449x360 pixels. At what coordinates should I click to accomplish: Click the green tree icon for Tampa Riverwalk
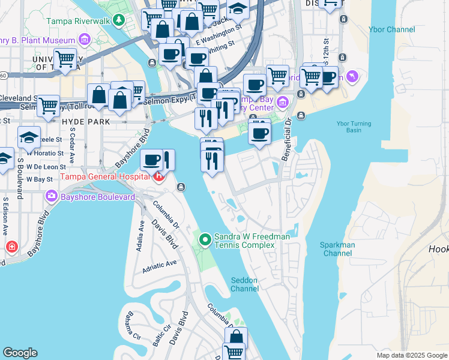[x=119, y=20]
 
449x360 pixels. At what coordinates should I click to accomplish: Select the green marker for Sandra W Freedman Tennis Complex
[x=205, y=240]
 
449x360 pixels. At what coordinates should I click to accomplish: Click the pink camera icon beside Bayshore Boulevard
[x=51, y=196]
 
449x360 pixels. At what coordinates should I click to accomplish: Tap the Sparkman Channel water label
[x=337, y=249]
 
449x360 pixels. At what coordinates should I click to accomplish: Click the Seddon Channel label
[x=244, y=284]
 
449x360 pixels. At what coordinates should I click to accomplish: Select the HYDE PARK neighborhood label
[x=85, y=121]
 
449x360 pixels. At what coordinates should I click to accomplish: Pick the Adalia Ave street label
[x=142, y=236]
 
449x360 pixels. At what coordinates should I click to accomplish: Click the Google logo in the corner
[x=20, y=353]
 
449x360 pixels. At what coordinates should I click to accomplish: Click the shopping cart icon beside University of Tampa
[x=65, y=58]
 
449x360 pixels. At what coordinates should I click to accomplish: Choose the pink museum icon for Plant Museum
[x=84, y=40]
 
